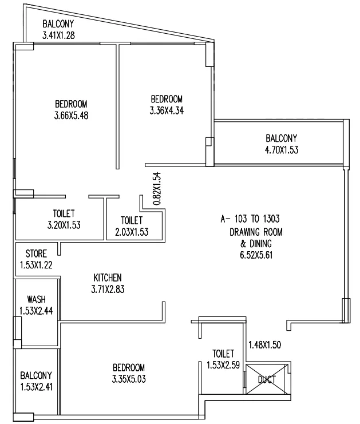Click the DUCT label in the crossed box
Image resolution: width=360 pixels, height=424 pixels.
(267, 379)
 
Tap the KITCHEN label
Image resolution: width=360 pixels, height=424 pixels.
(108, 278)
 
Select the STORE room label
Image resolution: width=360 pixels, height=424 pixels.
(36, 253)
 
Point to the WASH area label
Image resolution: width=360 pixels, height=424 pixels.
(36, 299)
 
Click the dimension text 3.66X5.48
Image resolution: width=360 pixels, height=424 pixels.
(72, 116)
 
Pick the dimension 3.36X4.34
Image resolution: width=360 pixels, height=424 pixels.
(167, 110)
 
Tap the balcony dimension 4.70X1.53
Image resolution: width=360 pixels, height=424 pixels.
(282, 150)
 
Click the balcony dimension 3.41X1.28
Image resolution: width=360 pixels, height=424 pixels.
(58, 35)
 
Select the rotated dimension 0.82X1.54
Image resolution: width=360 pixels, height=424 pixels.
(157, 188)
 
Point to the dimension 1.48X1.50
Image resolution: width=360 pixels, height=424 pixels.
(265, 345)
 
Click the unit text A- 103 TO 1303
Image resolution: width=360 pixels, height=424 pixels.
(250, 219)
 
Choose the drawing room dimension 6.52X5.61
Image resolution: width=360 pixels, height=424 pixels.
(256, 255)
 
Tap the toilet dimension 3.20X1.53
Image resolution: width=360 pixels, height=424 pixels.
(64, 225)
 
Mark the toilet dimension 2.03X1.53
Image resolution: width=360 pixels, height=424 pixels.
(132, 232)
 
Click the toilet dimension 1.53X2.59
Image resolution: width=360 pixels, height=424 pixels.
(223, 365)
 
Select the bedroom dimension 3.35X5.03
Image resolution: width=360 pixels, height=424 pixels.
(129, 379)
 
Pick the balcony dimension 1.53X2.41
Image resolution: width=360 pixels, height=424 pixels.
(36, 387)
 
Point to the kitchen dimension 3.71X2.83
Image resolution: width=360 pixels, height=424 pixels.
(108, 290)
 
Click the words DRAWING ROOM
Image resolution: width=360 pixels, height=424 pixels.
(256, 232)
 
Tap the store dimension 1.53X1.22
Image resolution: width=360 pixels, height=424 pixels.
(36, 265)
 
